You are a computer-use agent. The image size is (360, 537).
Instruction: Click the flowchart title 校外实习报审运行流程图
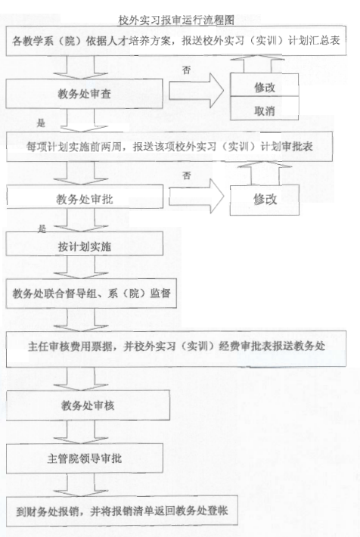pos(176,20)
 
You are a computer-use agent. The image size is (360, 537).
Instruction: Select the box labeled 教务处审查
pos(84,94)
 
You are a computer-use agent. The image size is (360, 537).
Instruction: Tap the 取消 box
pos(264,108)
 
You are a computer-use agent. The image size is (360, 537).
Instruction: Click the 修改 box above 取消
pos(264,85)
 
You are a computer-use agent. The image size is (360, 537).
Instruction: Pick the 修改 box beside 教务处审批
pos(265,200)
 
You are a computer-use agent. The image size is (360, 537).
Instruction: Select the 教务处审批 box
pos(85,197)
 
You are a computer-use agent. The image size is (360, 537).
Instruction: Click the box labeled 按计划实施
pos(84,244)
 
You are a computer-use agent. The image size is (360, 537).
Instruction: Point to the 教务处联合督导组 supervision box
pos(91,293)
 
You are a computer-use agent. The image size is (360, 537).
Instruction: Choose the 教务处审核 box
pos(88,405)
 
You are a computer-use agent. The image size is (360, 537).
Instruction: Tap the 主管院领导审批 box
pos(84,458)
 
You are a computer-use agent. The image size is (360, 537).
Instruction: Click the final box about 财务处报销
pos(122,511)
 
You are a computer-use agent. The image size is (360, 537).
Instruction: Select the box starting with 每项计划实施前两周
pos(169,147)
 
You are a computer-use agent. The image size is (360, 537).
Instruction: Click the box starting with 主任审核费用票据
pos(176,349)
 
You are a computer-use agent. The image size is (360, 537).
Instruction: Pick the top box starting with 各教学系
pos(176,41)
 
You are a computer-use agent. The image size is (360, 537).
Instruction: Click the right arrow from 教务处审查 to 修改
pos(197,91)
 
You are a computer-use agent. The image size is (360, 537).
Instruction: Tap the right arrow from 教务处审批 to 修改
pos(197,197)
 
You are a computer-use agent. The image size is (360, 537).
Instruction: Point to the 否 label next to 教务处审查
pos(186,70)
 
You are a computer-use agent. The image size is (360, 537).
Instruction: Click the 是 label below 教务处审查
pos(41,123)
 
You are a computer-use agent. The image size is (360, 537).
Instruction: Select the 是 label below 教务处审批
pos(42,228)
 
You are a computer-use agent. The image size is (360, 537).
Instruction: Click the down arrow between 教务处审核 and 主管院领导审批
pos(81,432)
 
